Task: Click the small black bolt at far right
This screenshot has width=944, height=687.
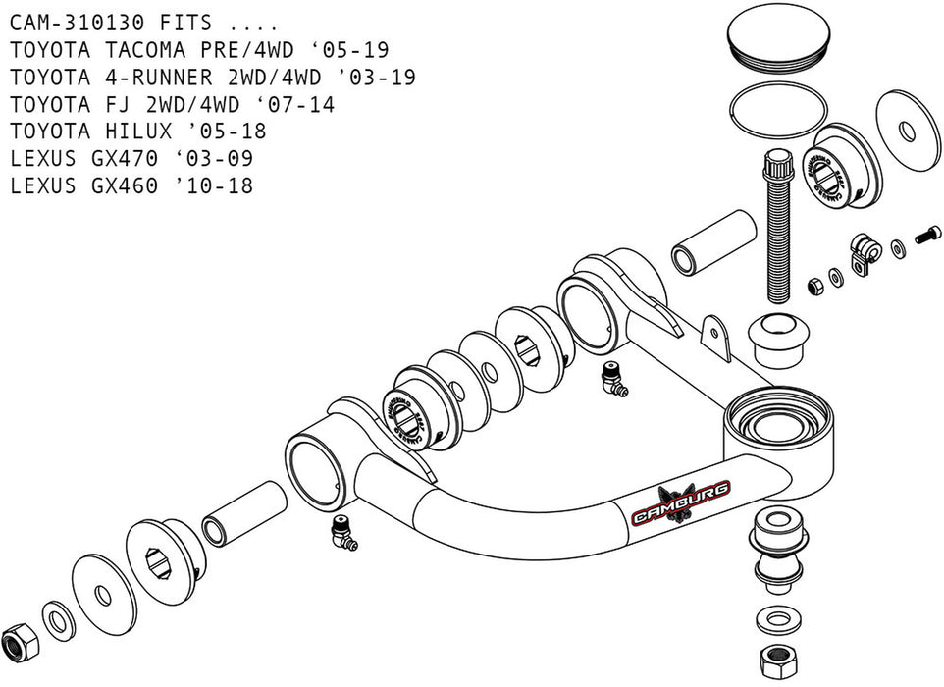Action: (x=927, y=236)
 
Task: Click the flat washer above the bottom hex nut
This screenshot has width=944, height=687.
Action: (x=776, y=619)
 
